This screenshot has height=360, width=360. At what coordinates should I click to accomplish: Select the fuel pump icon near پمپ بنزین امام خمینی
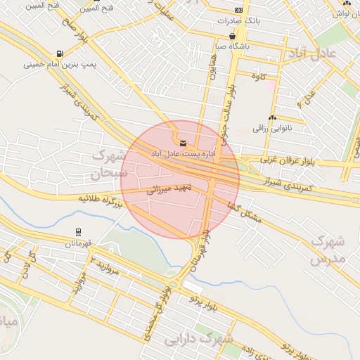click(58, 53)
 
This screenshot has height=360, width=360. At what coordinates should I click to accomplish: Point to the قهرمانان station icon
click(77, 231)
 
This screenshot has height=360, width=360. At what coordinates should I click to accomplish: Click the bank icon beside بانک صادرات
click(238, 11)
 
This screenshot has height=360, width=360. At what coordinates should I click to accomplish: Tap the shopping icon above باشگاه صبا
click(232, 36)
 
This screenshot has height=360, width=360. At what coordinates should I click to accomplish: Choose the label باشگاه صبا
click(231, 46)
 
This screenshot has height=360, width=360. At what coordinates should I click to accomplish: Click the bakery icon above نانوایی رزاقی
click(271, 118)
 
